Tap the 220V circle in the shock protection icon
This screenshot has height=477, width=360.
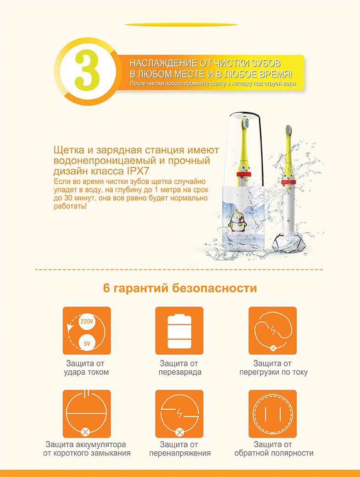pyautogui.click(x=87, y=321)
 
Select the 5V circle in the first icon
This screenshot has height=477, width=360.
pyautogui.click(x=87, y=342)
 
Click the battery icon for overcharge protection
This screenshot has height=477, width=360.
pyautogui.click(x=179, y=330)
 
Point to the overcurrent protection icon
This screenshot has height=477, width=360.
pyautogui.click(x=272, y=330)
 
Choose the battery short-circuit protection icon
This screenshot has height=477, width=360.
pyautogui.click(x=87, y=414)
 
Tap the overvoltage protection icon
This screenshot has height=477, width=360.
pyautogui.click(x=179, y=414)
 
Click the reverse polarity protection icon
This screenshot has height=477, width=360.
pyautogui.click(x=272, y=414)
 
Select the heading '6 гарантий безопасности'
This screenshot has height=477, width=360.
pyautogui.click(x=180, y=289)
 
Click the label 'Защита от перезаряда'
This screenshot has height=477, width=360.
pyautogui.click(x=180, y=367)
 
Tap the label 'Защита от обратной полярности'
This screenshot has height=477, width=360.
pyautogui.click(x=273, y=449)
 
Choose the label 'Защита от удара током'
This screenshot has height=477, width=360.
pyautogui.click(x=87, y=367)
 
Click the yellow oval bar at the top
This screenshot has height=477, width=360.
pyautogui.click(x=181, y=24)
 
